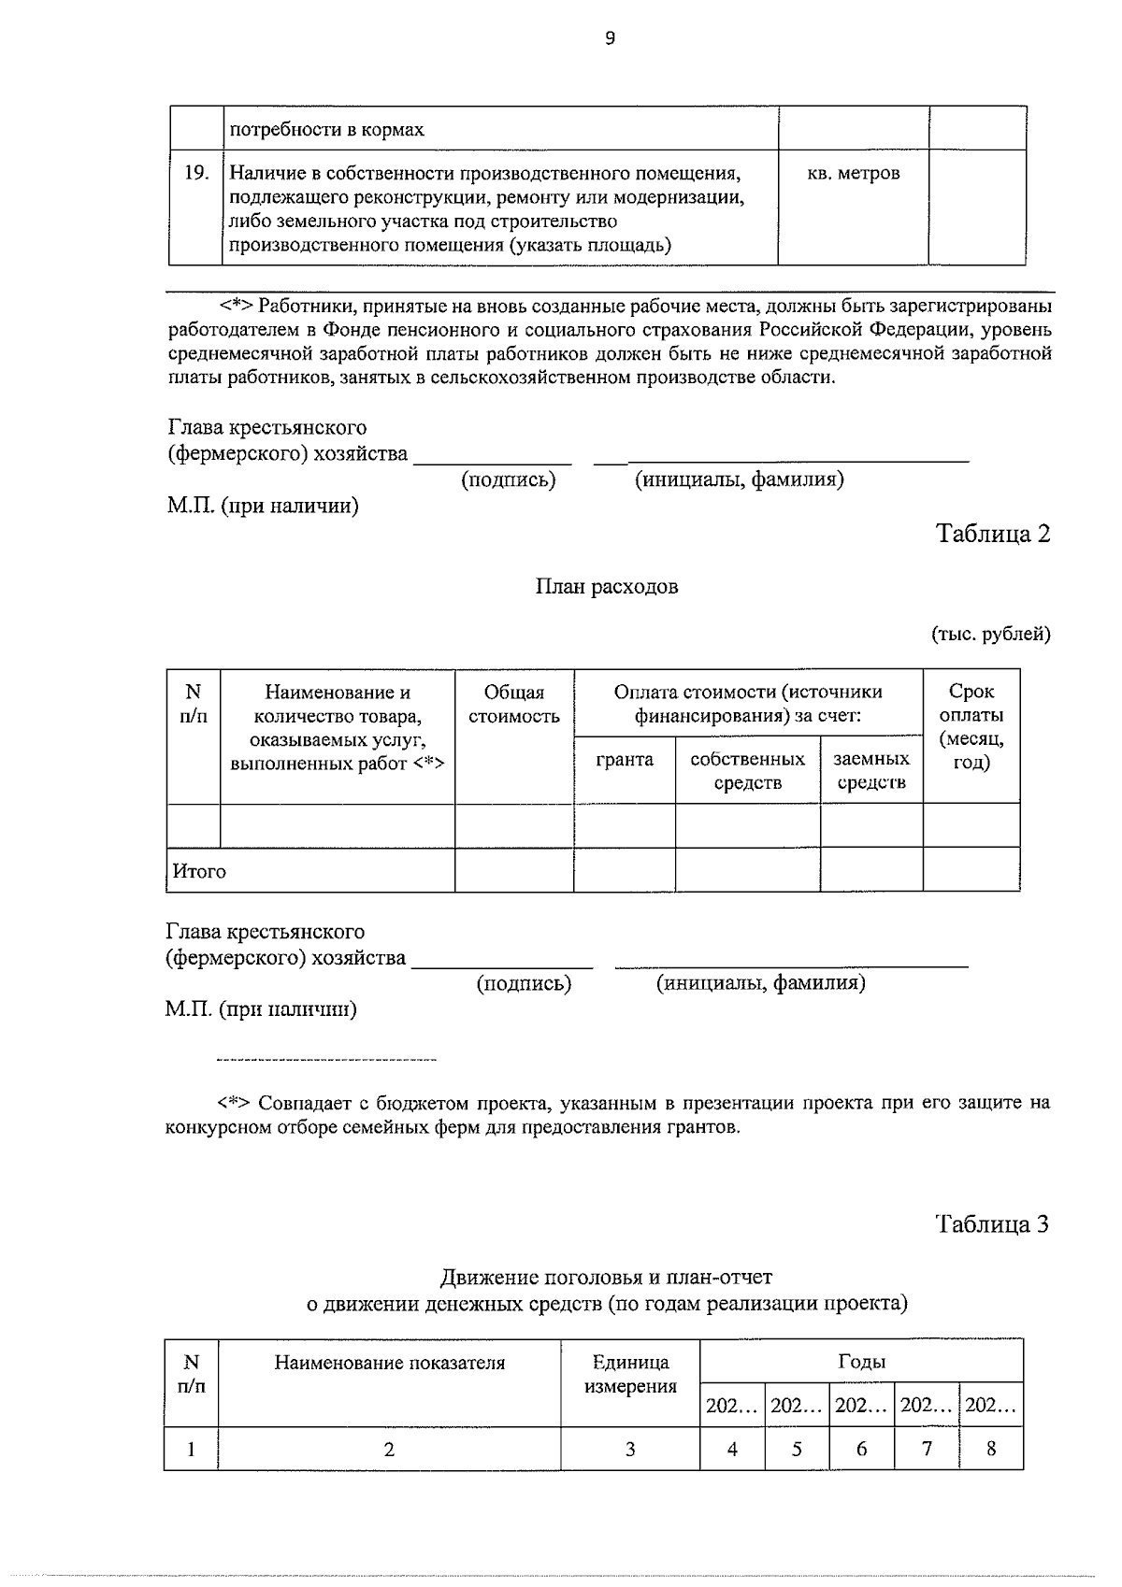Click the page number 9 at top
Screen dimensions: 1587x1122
click(x=610, y=38)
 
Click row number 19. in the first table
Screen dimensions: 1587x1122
click(x=195, y=173)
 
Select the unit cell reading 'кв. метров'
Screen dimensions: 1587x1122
click(x=853, y=174)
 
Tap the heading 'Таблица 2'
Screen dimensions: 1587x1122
click(x=993, y=534)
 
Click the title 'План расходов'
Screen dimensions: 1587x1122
click(x=607, y=587)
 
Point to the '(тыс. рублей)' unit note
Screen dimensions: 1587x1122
click(x=990, y=635)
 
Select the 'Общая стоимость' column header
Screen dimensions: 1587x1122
click(x=514, y=705)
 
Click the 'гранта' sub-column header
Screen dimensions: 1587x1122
click(x=625, y=759)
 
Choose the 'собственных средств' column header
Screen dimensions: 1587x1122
click(x=747, y=770)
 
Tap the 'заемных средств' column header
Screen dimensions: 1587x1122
click(x=871, y=770)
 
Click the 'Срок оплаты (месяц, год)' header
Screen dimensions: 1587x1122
click(x=971, y=727)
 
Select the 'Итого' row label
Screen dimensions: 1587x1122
click(x=199, y=871)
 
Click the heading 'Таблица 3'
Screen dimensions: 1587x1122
click(x=993, y=1224)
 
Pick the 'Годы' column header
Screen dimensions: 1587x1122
click(x=861, y=1362)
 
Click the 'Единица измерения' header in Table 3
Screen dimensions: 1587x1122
click(x=630, y=1374)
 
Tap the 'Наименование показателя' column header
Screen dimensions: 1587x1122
click(x=389, y=1363)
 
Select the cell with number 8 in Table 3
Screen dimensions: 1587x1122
click(x=991, y=1449)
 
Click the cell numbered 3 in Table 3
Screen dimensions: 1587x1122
click(x=630, y=1449)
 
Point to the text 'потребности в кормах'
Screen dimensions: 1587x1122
click(x=327, y=130)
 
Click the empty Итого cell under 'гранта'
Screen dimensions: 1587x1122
click(x=625, y=870)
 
